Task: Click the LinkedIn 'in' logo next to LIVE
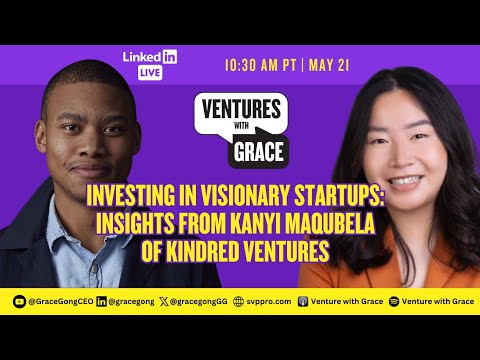tap(170, 56)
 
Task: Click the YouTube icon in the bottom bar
tap(18, 300)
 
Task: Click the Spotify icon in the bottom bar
tap(393, 300)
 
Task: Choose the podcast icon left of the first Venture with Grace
tap(303, 300)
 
